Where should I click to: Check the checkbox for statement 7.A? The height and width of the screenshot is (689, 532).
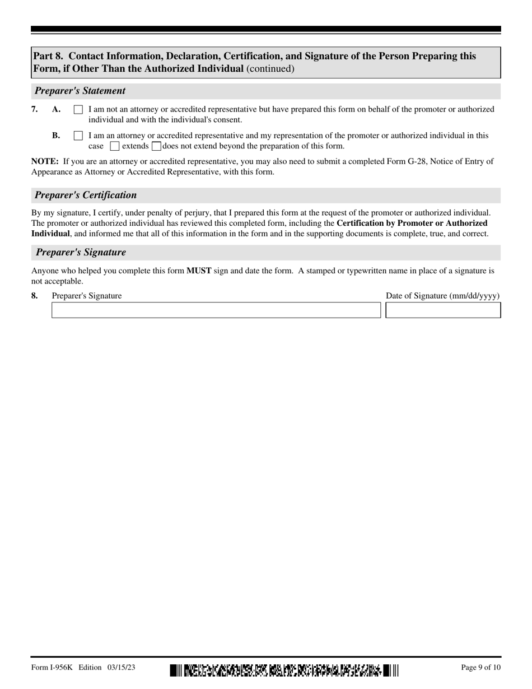pos(78,110)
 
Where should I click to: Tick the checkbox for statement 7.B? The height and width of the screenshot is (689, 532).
pos(78,136)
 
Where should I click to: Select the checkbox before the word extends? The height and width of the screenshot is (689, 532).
pos(115,147)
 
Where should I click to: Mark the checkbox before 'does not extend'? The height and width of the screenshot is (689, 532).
pos(156,147)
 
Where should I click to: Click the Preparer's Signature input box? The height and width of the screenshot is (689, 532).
pos(216,310)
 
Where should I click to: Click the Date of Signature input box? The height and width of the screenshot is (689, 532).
pos(443,310)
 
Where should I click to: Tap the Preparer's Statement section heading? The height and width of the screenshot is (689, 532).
pos(80,91)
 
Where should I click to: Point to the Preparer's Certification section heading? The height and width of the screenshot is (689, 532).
pos(86,195)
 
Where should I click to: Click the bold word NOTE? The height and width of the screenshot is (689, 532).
pos(45,161)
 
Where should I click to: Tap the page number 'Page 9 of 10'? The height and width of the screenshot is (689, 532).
pos(480,667)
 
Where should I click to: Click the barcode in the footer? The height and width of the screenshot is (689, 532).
pos(284,669)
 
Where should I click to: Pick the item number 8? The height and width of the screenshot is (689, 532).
pos(35,296)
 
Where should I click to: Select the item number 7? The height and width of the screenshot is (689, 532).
pos(35,109)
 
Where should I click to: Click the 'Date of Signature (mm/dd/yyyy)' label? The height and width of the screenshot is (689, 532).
pos(442,296)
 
